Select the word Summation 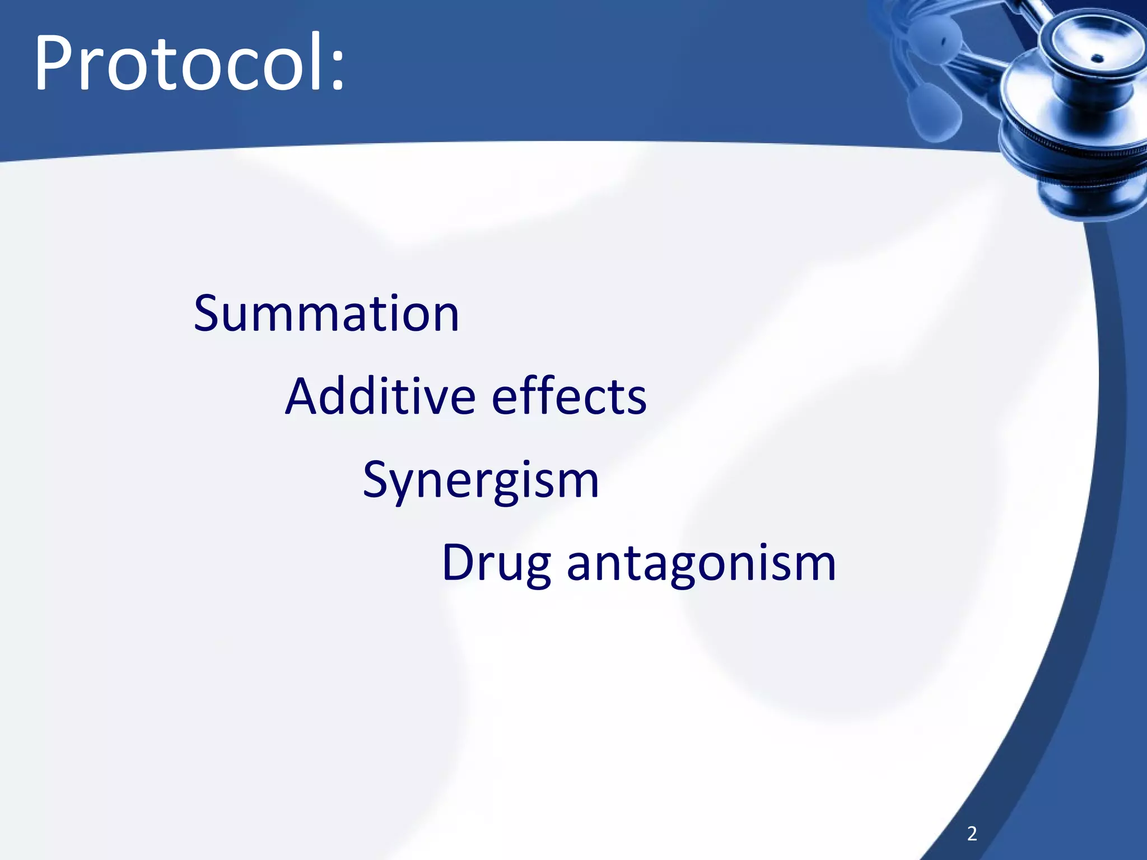326,314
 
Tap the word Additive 381,396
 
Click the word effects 569,396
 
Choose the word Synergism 481,480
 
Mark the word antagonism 701,563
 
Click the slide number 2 972,834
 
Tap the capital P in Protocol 53,63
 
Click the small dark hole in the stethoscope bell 1098,58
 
